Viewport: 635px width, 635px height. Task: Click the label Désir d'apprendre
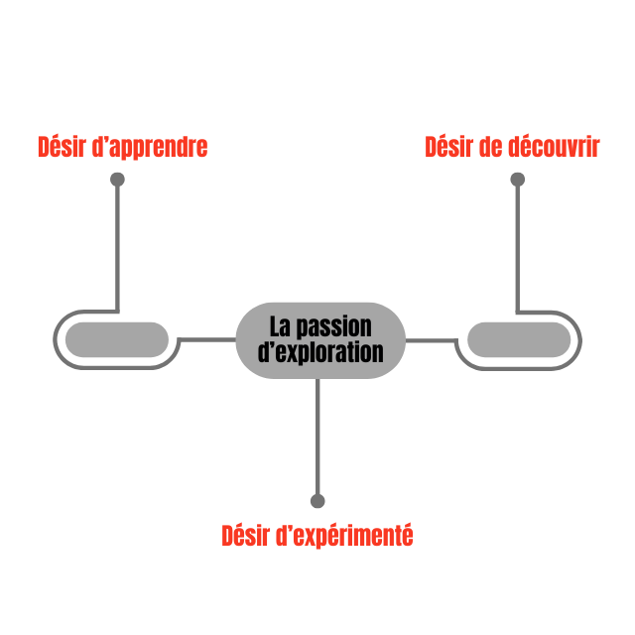[122, 148]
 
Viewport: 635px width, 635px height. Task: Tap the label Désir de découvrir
[512, 148]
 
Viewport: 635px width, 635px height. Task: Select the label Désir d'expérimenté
[317, 536]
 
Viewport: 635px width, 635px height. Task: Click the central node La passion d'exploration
[320, 339]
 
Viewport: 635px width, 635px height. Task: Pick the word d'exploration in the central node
[320, 352]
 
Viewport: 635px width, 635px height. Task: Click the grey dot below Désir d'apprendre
[117, 180]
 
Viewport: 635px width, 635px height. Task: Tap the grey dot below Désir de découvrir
[517, 180]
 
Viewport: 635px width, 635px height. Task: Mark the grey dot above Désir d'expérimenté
[317, 501]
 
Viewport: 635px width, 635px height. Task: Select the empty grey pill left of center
[117, 340]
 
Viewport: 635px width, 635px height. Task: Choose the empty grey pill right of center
[519, 340]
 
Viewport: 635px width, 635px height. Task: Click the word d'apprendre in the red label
[149, 148]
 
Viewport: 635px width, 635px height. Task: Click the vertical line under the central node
[317, 437]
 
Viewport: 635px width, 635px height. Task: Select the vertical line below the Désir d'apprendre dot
[117, 248]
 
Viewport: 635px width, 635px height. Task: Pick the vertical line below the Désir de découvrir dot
[517, 248]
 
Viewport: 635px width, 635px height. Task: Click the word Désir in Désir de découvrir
[446, 148]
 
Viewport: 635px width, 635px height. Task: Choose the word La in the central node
[281, 326]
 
